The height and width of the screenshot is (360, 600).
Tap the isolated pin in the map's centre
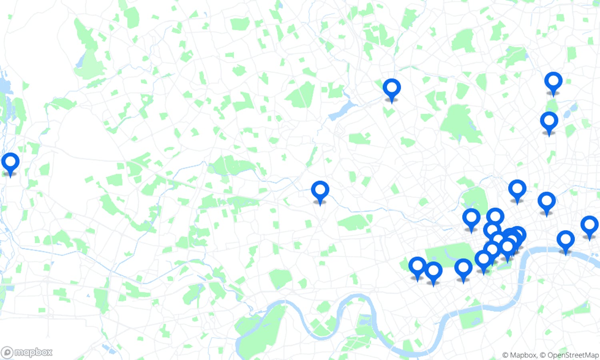click(x=320, y=191)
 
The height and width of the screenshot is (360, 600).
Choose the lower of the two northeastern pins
click(x=549, y=122)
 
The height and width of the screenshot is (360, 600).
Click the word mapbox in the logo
click(x=33, y=352)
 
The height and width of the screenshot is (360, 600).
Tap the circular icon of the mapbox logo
click(x=7, y=352)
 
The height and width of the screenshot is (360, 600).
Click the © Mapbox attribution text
click(x=519, y=355)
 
